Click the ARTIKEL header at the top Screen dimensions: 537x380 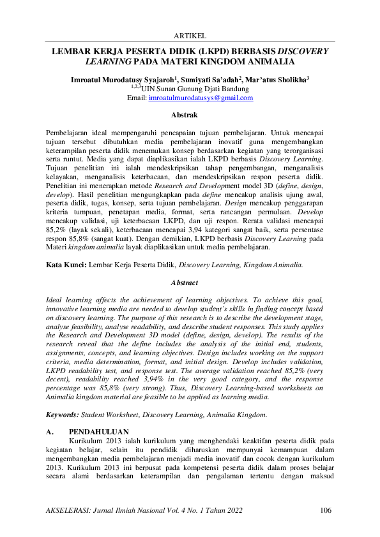coord(190,36)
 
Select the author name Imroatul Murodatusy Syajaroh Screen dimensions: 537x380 coord(123,80)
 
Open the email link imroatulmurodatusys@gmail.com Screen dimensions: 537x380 coord(201,98)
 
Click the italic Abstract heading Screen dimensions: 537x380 coord(190,282)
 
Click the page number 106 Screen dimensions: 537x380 coord(325,510)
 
